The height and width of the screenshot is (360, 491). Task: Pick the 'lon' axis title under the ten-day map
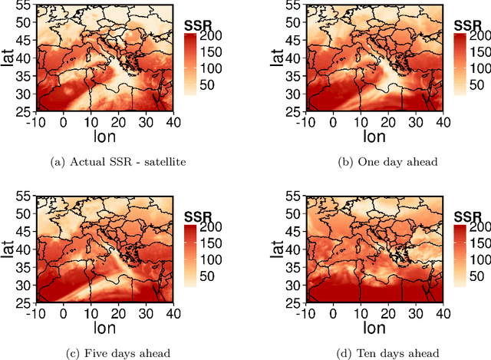[374, 330]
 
